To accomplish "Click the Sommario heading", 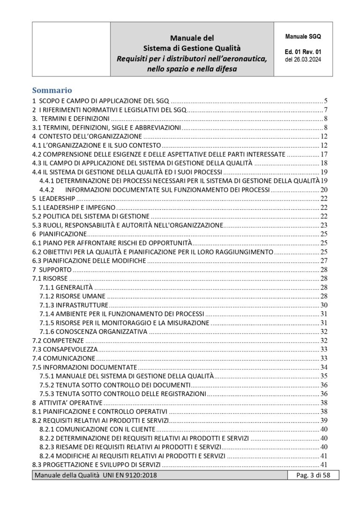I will (x=52, y=90).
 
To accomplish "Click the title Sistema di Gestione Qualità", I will (x=191, y=48).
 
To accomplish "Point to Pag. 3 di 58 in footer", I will (x=310, y=476).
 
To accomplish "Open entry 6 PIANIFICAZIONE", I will (x=59, y=234).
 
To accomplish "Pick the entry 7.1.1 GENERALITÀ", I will (x=66, y=287).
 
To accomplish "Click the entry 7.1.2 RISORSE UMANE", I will (x=72, y=296).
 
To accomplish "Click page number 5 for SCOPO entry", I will (x=325, y=101).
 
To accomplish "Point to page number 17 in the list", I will (x=323, y=154).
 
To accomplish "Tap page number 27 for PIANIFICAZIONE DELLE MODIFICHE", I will (x=323, y=260).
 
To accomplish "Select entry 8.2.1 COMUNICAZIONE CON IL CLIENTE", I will (x=97, y=429).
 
